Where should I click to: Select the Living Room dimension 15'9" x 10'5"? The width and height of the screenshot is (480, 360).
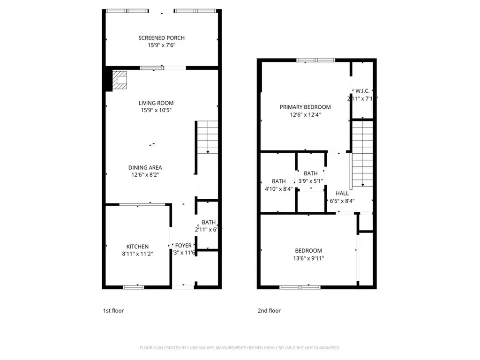point(156,111)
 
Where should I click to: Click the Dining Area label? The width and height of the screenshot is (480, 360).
point(145,167)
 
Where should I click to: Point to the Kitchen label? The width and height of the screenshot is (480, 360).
point(137,247)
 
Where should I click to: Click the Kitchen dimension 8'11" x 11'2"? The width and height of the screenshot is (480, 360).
point(137,254)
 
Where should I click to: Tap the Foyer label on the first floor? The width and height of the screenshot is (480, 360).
point(183,246)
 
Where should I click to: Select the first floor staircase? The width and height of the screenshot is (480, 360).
point(207,136)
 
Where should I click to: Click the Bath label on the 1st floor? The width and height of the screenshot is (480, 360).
point(208,222)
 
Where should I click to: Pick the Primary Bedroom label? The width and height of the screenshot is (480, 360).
point(305,107)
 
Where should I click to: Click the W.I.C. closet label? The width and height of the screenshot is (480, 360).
point(362,91)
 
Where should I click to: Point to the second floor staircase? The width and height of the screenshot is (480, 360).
point(362,152)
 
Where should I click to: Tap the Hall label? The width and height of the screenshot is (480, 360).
point(342,193)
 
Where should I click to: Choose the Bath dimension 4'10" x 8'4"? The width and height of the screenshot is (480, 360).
point(278,189)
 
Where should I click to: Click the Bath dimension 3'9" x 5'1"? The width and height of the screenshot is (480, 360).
point(310,181)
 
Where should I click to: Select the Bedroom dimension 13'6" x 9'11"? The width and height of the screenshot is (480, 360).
point(308,258)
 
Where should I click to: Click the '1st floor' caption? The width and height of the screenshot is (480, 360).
point(113,310)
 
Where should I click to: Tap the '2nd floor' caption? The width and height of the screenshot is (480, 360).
point(269,310)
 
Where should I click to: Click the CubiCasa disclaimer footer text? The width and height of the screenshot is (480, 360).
point(240,348)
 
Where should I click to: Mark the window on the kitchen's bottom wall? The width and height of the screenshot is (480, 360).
point(134,287)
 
